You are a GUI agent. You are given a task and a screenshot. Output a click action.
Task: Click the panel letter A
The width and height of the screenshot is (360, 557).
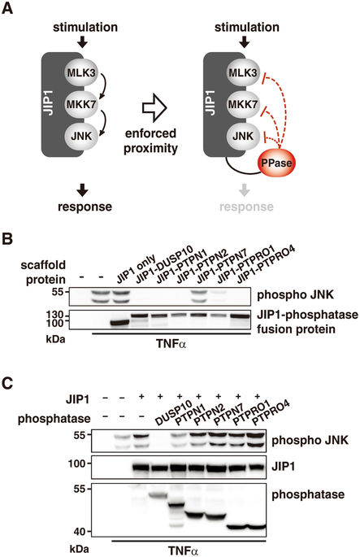tap(7, 8)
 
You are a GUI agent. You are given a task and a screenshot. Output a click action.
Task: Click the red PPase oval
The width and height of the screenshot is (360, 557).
tap(276, 163)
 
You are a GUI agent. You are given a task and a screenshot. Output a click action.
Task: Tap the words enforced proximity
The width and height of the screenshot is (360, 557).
tap(150, 141)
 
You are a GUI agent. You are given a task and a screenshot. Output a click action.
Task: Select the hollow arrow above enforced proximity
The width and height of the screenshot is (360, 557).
tap(154, 108)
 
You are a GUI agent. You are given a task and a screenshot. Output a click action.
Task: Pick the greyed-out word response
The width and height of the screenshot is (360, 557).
tap(246, 207)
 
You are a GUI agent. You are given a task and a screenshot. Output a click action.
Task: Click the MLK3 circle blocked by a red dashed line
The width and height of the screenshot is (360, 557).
tap(243, 72)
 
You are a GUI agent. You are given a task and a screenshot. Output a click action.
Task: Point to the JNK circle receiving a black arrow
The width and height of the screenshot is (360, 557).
tap(81, 136)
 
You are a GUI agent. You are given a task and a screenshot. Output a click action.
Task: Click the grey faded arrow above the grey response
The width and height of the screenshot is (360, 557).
tap(244, 190)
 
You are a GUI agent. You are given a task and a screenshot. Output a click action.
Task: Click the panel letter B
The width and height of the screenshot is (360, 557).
tap(7, 239)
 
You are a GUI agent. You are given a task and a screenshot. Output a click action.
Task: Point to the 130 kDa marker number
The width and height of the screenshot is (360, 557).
tap(54, 315)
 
